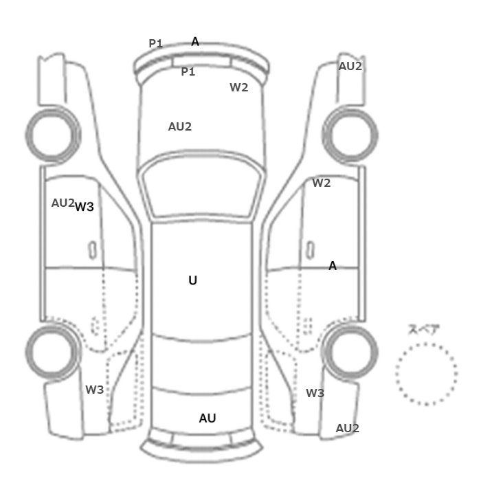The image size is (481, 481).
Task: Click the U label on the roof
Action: pos(192,280)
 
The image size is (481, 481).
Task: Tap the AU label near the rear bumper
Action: pos(208,418)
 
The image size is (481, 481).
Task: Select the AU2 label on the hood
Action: pos(180,126)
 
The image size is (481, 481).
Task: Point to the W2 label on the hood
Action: pos(238,88)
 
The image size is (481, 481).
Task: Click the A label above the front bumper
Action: pos(195,42)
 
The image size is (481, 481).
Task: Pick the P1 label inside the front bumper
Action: pos(188,71)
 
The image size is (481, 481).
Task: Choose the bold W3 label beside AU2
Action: pos(85,207)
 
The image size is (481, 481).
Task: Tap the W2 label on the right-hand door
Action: pos(321,183)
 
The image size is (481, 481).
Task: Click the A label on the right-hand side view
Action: pos(333,266)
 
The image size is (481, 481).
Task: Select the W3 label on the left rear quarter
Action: pos(95,390)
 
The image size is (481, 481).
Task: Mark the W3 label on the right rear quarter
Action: pos(315,393)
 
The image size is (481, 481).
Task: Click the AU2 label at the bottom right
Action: pos(347,429)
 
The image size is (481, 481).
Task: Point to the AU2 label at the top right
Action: pos(350,66)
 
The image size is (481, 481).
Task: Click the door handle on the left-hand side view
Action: pos(92,250)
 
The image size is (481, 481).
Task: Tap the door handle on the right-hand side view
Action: pos(311,250)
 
